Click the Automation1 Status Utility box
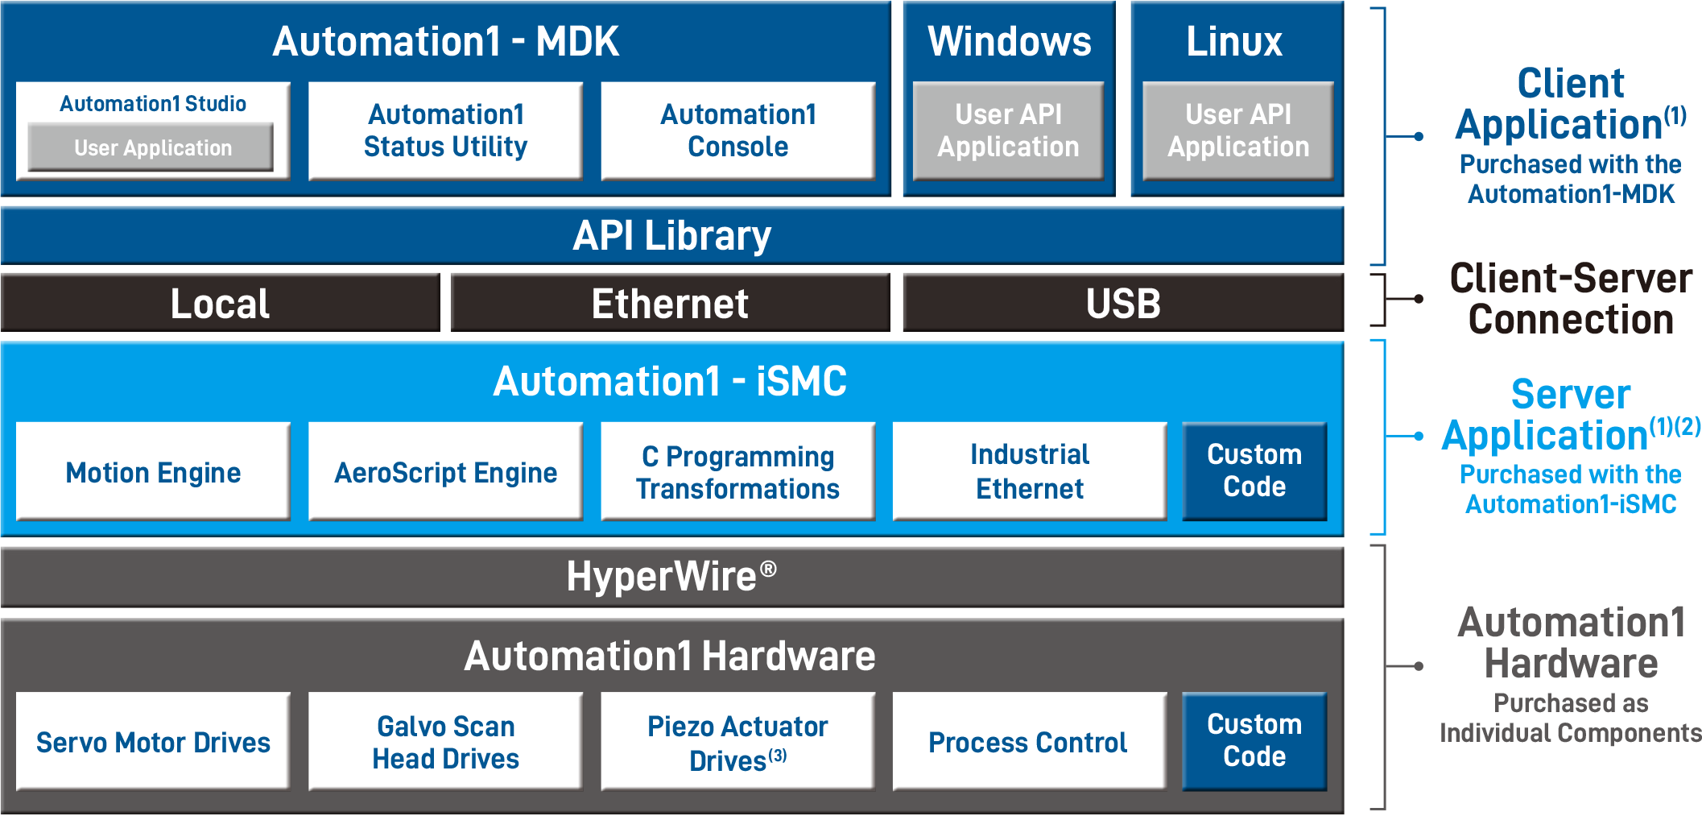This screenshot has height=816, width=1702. click(445, 130)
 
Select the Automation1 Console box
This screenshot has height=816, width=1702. click(737, 130)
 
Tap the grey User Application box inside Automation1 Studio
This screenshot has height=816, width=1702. click(151, 147)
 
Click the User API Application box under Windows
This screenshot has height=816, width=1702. click(1008, 130)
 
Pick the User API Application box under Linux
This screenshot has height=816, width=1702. click(1237, 130)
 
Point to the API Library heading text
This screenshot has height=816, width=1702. click(671, 236)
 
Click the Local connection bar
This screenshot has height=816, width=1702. click(220, 304)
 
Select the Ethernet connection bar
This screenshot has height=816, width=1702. click(670, 304)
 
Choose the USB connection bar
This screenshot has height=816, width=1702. click(1123, 304)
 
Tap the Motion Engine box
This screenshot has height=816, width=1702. click(153, 472)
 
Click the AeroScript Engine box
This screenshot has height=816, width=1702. click(445, 472)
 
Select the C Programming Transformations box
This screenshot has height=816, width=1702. click(737, 472)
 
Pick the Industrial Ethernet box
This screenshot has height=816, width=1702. click(1029, 472)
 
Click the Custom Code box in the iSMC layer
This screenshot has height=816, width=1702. click(1254, 471)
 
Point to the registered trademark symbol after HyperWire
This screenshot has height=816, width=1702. click(768, 570)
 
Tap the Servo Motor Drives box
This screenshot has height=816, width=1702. click(153, 742)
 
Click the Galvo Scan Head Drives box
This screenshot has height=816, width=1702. click(445, 742)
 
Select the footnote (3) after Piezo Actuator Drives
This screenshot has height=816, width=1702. click(777, 756)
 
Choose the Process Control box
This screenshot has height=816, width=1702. click(1029, 742)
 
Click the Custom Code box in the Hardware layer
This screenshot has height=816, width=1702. click(1254, 741)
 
